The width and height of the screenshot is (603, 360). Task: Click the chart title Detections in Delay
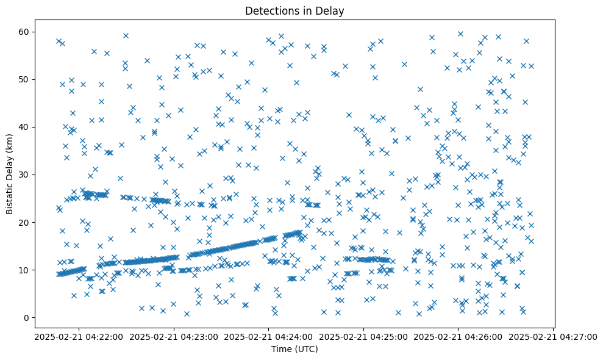[294, 10]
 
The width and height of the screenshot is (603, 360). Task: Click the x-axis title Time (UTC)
[294, 350]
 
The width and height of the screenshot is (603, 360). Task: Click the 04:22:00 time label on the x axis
[79, 336]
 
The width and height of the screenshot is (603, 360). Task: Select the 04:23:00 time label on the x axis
[174, 336]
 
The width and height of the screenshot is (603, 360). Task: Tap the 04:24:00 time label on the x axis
[269, 336]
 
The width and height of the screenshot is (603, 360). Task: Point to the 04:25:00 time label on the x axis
[364, 336]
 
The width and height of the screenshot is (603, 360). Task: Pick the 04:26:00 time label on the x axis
[458, 336]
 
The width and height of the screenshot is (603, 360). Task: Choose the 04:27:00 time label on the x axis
[553, 336]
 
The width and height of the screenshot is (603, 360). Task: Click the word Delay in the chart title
[332, 10]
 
